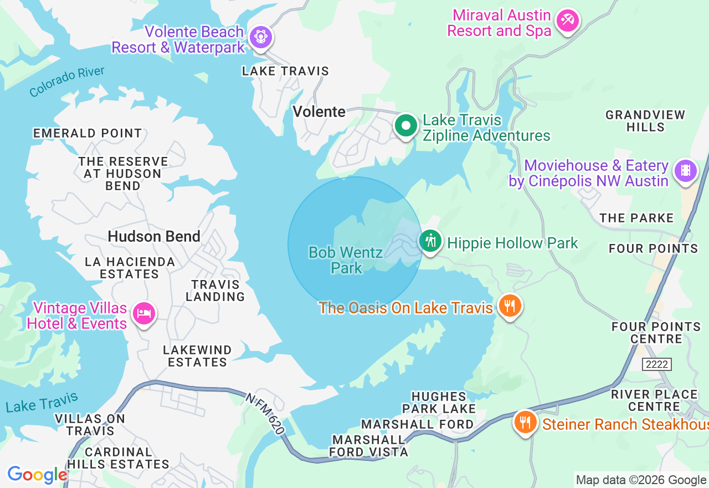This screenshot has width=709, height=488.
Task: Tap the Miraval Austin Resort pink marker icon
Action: (x=567, y=21)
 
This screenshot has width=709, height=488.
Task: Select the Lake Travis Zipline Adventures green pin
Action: (x=406, y=126)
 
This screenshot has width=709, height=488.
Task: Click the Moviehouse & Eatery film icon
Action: (x=686, y=171)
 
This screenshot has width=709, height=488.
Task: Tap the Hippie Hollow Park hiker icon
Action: (x=430, y=241)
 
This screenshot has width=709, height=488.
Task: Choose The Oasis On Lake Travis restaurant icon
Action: (x=510, y=306)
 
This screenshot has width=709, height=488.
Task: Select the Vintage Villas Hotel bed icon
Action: (x=144, y=314)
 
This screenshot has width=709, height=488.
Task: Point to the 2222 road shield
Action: (x=657, y=364)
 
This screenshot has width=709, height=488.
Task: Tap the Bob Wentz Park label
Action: (x=346, y=260)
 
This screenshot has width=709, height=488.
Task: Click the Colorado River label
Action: (x=66, y=82)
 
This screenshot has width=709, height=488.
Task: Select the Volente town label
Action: (x=319, y=111)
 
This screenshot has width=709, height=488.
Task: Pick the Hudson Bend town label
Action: (x=154, y=236)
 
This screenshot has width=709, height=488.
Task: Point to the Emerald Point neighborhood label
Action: (x=88, y=133)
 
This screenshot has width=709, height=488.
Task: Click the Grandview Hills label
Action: (x=645, y=121)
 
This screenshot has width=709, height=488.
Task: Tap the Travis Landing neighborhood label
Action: (x=215, y=291)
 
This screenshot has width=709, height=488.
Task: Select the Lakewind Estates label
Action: (x=197, y=356)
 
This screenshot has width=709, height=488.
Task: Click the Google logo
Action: (x=37, y=475)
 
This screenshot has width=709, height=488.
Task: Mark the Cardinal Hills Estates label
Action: (x=119, y=458)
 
